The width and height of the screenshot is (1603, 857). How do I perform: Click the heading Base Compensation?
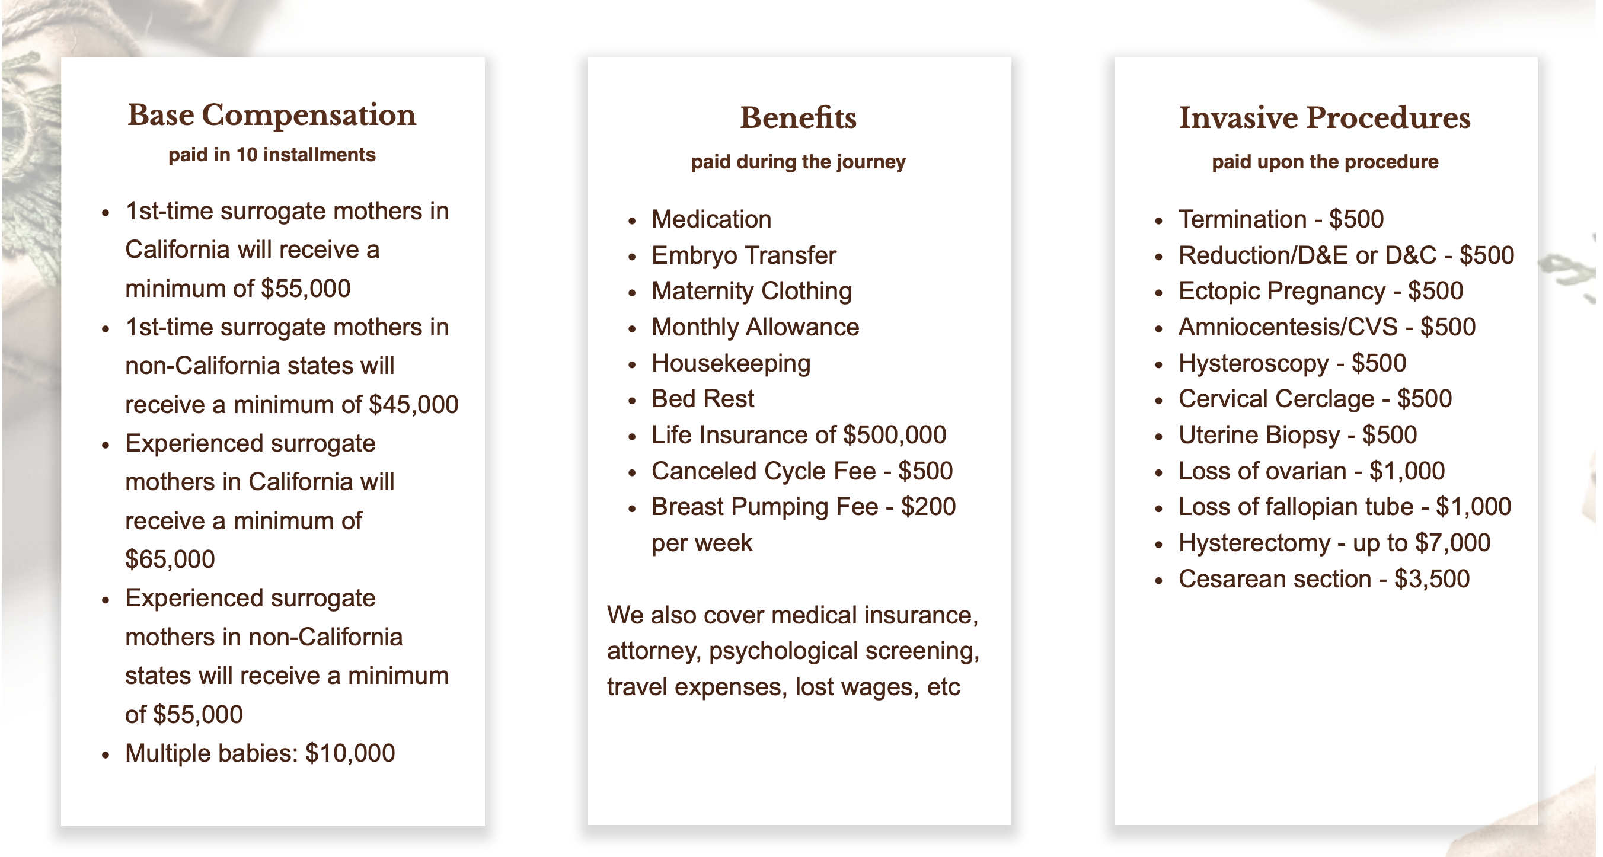pyautogui.click(x=272, y=115)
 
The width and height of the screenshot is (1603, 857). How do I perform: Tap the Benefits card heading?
pyautogui.click(x=798, y=117)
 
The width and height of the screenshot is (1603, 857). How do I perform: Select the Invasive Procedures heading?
pyautogui.click(x=1324, y=117)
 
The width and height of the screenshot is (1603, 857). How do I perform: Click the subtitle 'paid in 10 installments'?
pyautogui.click(x=272, y=154)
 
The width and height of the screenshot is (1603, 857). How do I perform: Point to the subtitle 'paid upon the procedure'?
pyautogui.click(x=1325, y=162)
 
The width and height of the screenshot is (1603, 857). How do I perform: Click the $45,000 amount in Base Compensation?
pyautogui.click(x=413, y=405)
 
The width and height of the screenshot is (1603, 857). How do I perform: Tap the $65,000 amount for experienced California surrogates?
pyautogui.click(x=170, y=559)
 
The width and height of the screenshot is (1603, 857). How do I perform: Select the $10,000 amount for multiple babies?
pyautogui.click(x=350, y=753)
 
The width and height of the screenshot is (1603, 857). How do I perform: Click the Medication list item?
pyautogui.click(x=711, y=219)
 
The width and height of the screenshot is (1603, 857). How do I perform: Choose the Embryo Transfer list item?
pyautogui.click(x=743, y=255)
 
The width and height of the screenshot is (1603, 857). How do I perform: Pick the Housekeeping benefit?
pyautogui.click(x=730, y=364)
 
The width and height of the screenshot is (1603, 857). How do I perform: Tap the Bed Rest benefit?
pyautogui.click(x=702, y=399)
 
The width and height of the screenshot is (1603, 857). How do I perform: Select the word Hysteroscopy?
pyautogui.click(x=1253, y=364)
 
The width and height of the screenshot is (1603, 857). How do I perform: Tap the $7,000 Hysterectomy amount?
pyautogui.click(x=1452, y=543)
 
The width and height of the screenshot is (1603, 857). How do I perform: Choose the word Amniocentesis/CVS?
pyautogui.click(x=1288, y=327)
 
